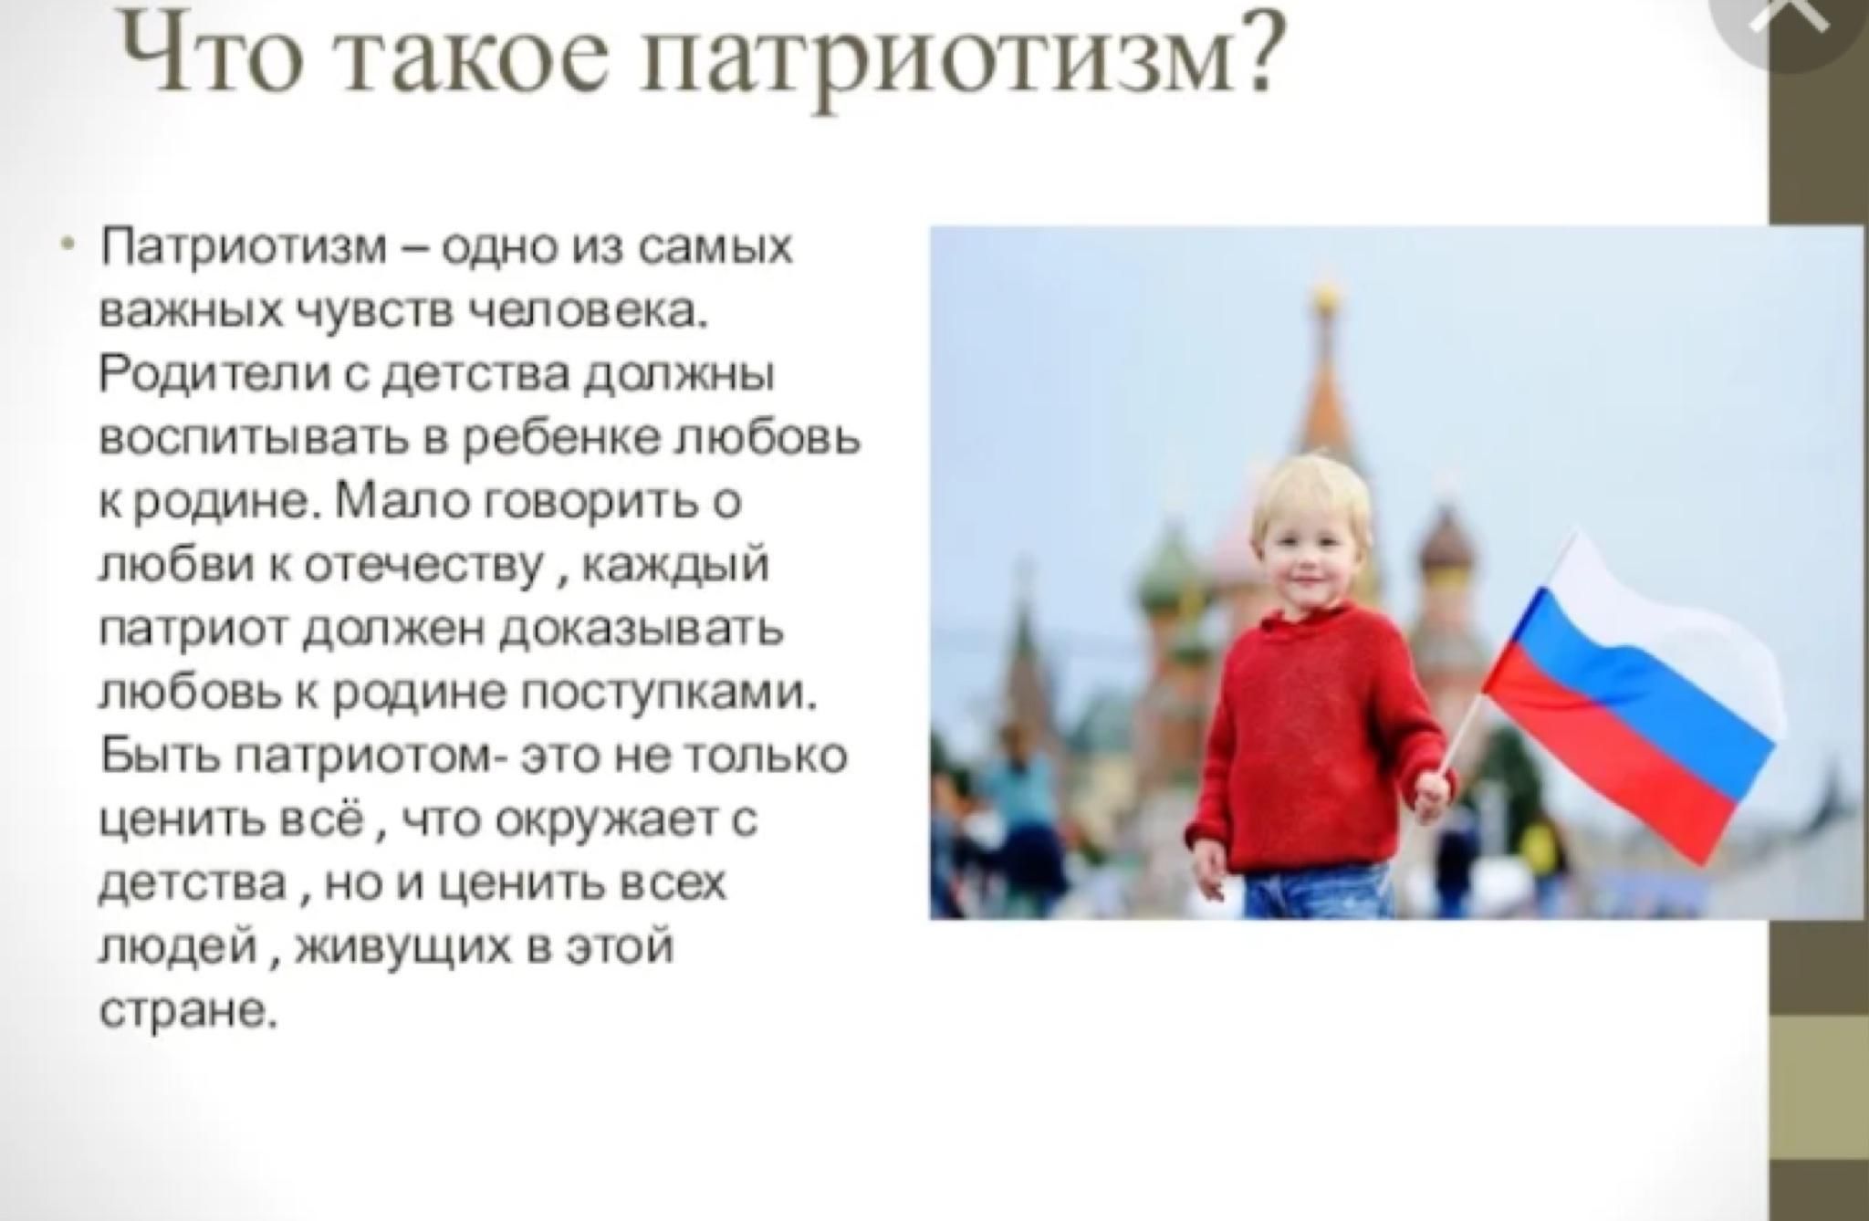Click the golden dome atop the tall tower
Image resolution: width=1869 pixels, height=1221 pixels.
point(1322,297)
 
